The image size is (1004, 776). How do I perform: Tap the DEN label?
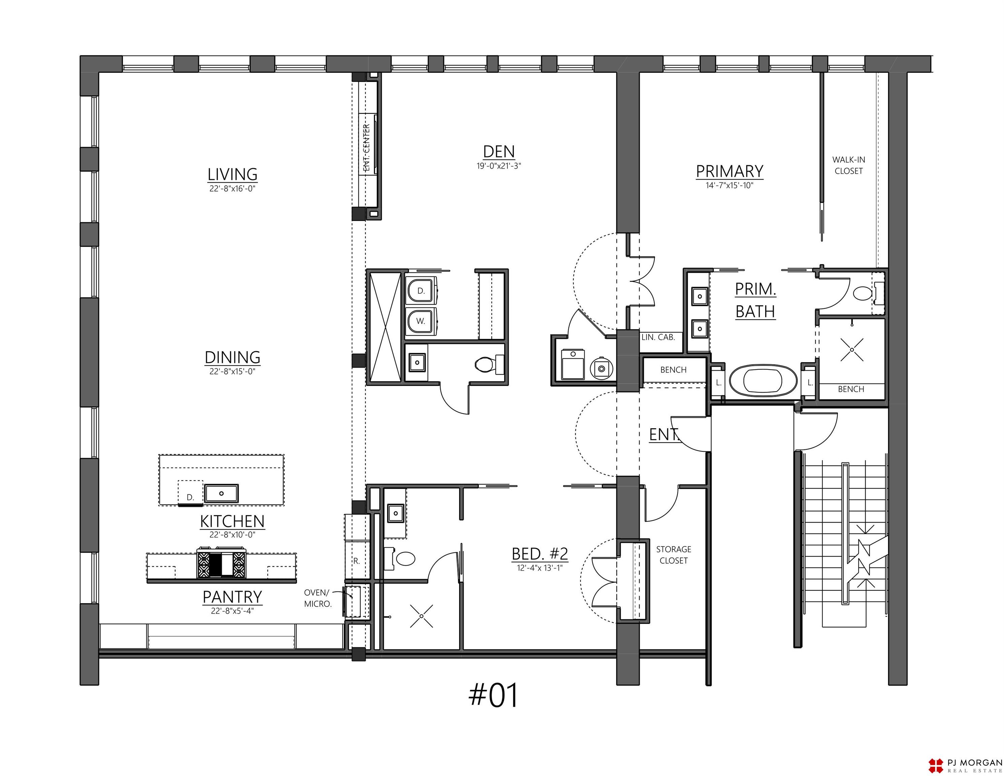(499, 152)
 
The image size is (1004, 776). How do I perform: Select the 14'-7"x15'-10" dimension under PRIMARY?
(730, 186)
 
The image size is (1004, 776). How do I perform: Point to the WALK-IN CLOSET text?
(849, 165)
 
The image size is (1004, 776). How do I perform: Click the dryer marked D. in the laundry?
(421, 291)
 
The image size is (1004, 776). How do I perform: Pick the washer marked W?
(421, 321)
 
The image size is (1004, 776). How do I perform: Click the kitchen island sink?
(221, 493)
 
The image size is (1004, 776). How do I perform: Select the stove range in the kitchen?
(221, 563)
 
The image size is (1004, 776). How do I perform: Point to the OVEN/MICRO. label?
(318, 598)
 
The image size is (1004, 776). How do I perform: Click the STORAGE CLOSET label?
(674, 555)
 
